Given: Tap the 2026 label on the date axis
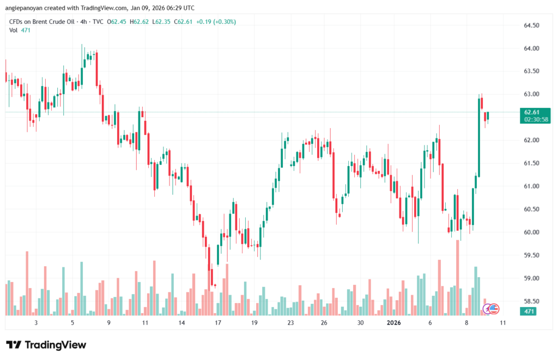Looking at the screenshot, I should point(393,322).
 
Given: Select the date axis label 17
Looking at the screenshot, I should point(218,322).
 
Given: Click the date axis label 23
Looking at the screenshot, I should point(290,322).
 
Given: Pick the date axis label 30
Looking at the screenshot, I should point(360,322).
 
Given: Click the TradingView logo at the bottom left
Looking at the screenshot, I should point(46,345).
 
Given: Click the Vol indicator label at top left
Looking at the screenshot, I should point(14,30).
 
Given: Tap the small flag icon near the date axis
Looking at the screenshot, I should point(493,309).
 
